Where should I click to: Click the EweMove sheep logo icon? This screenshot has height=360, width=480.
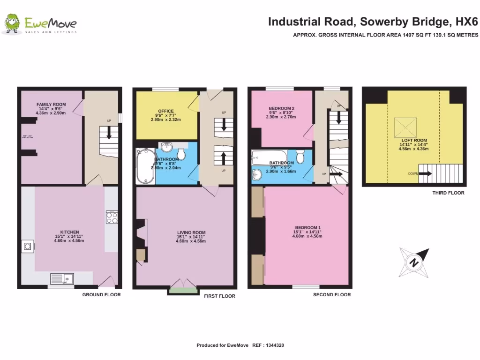(x=12, y=23)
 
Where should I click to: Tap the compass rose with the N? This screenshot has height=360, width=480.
(x=414, y=263)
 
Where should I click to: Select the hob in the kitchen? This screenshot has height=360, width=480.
(x=112, y=217)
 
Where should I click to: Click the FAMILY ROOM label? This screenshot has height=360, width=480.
(x=51, y=104)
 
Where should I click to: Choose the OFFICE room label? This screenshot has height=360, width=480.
(x=166, y=111)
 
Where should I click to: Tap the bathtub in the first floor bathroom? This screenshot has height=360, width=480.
(x=145, y=167)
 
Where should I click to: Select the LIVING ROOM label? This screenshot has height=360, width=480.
(x=191, y=232)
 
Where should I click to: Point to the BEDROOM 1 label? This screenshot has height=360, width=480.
(x=307, y=227)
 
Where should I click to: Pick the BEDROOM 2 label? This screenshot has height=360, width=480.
(x=282, y=108)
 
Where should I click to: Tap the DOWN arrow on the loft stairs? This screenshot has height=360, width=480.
(x=425, y=173)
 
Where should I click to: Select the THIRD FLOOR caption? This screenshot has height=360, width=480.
(x=448, y=193)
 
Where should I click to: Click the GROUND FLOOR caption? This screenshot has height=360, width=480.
(x=101, y=295)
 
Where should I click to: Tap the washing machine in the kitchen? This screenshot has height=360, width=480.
(x=28, y=246)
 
